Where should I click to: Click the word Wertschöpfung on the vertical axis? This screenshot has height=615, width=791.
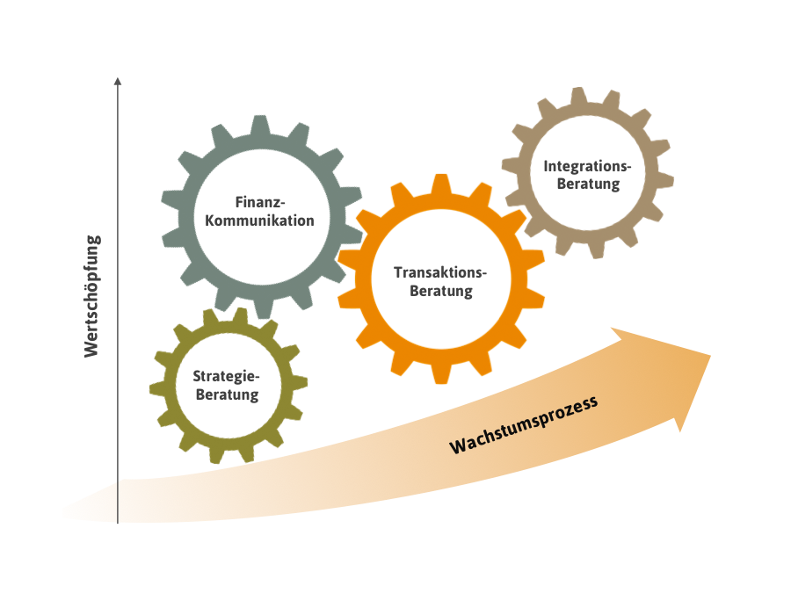91,295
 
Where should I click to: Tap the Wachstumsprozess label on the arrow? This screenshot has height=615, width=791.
525,425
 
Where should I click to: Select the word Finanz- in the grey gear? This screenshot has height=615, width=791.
259,201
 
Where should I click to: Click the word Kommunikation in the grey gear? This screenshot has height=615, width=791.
259,221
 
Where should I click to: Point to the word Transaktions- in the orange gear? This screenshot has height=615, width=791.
440,271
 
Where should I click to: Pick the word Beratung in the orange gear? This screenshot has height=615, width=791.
440,291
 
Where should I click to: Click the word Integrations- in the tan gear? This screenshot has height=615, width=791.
587,165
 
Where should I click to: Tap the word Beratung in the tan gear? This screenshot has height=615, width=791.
587,184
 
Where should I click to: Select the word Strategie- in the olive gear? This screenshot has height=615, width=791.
227,376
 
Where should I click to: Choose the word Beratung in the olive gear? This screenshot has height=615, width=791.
227,394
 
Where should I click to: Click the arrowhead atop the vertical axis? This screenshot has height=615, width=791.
118,82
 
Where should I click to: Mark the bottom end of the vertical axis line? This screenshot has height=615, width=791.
118,523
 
